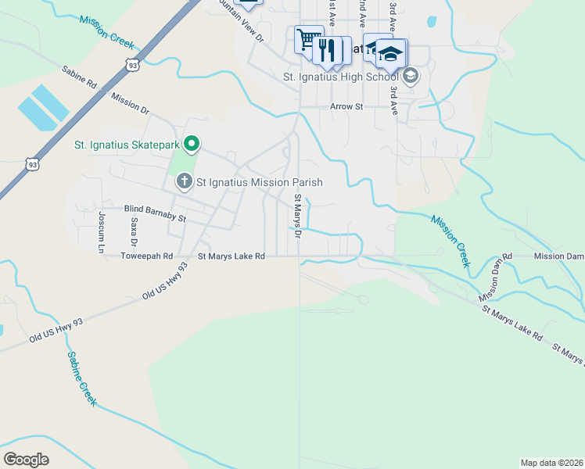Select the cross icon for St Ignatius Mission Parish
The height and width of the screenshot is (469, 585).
click(x=184, y=182)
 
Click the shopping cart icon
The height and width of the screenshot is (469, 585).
click(x=308, y=39)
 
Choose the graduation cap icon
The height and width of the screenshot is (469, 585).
click(x=390, y=52)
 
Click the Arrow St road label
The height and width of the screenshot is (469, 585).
click(x=346, y=106)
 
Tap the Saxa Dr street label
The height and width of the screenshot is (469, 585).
click(x=134, y=232)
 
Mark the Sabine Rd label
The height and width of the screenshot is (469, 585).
click(x=80, y=76)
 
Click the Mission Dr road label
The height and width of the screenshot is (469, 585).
click(x=130, y=102)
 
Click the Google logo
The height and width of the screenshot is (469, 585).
click(x=26, y=460)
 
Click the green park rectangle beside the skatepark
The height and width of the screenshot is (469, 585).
click(x=181, y=163)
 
